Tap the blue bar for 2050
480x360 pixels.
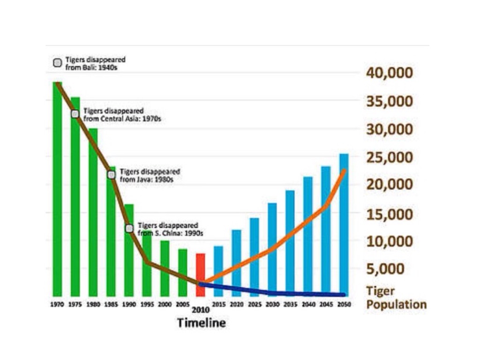tap(344, 225)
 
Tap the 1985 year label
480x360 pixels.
tap(111, 304)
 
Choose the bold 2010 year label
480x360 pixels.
tap(200, 310)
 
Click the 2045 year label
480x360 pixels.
tap(326, 304)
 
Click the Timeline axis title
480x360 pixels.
tap(201, 323)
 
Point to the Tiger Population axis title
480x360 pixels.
tap(396, 298)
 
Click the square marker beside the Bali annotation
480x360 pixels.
tap(58, 63)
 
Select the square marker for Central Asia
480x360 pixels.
tap(75, 114)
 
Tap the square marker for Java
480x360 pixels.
tap(112, 175)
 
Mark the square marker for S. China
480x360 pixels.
tap(129, 228)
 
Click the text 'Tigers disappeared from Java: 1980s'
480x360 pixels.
tap(150, 175)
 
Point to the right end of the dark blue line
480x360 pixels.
tap(344, 294)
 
